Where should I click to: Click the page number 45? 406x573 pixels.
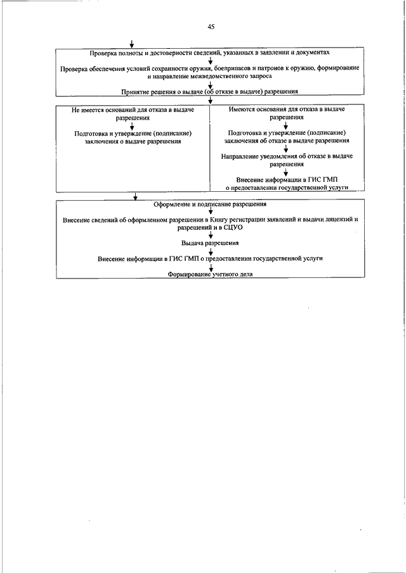click(x=211, y=27)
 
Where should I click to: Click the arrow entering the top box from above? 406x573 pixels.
click(x=131, y=44)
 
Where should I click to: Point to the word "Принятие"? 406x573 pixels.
click(x=133, y=92)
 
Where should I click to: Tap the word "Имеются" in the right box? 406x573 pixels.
click(x=240, y=110)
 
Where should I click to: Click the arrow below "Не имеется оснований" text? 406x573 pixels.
click(x=132, y=126)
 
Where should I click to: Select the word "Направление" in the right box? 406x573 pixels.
click(x=237, y=156)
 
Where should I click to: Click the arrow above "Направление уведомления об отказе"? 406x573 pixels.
click(x=286, y=148)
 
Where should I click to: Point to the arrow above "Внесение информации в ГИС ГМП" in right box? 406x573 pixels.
click(x=286, y=172)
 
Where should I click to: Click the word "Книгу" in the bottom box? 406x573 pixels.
click(x=218, y=220)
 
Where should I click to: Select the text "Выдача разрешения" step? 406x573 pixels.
click(x=210, y=243)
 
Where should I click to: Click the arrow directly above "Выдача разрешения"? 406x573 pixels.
click(x=211, y=236)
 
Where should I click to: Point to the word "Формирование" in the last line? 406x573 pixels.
click(x=188, y=274)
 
